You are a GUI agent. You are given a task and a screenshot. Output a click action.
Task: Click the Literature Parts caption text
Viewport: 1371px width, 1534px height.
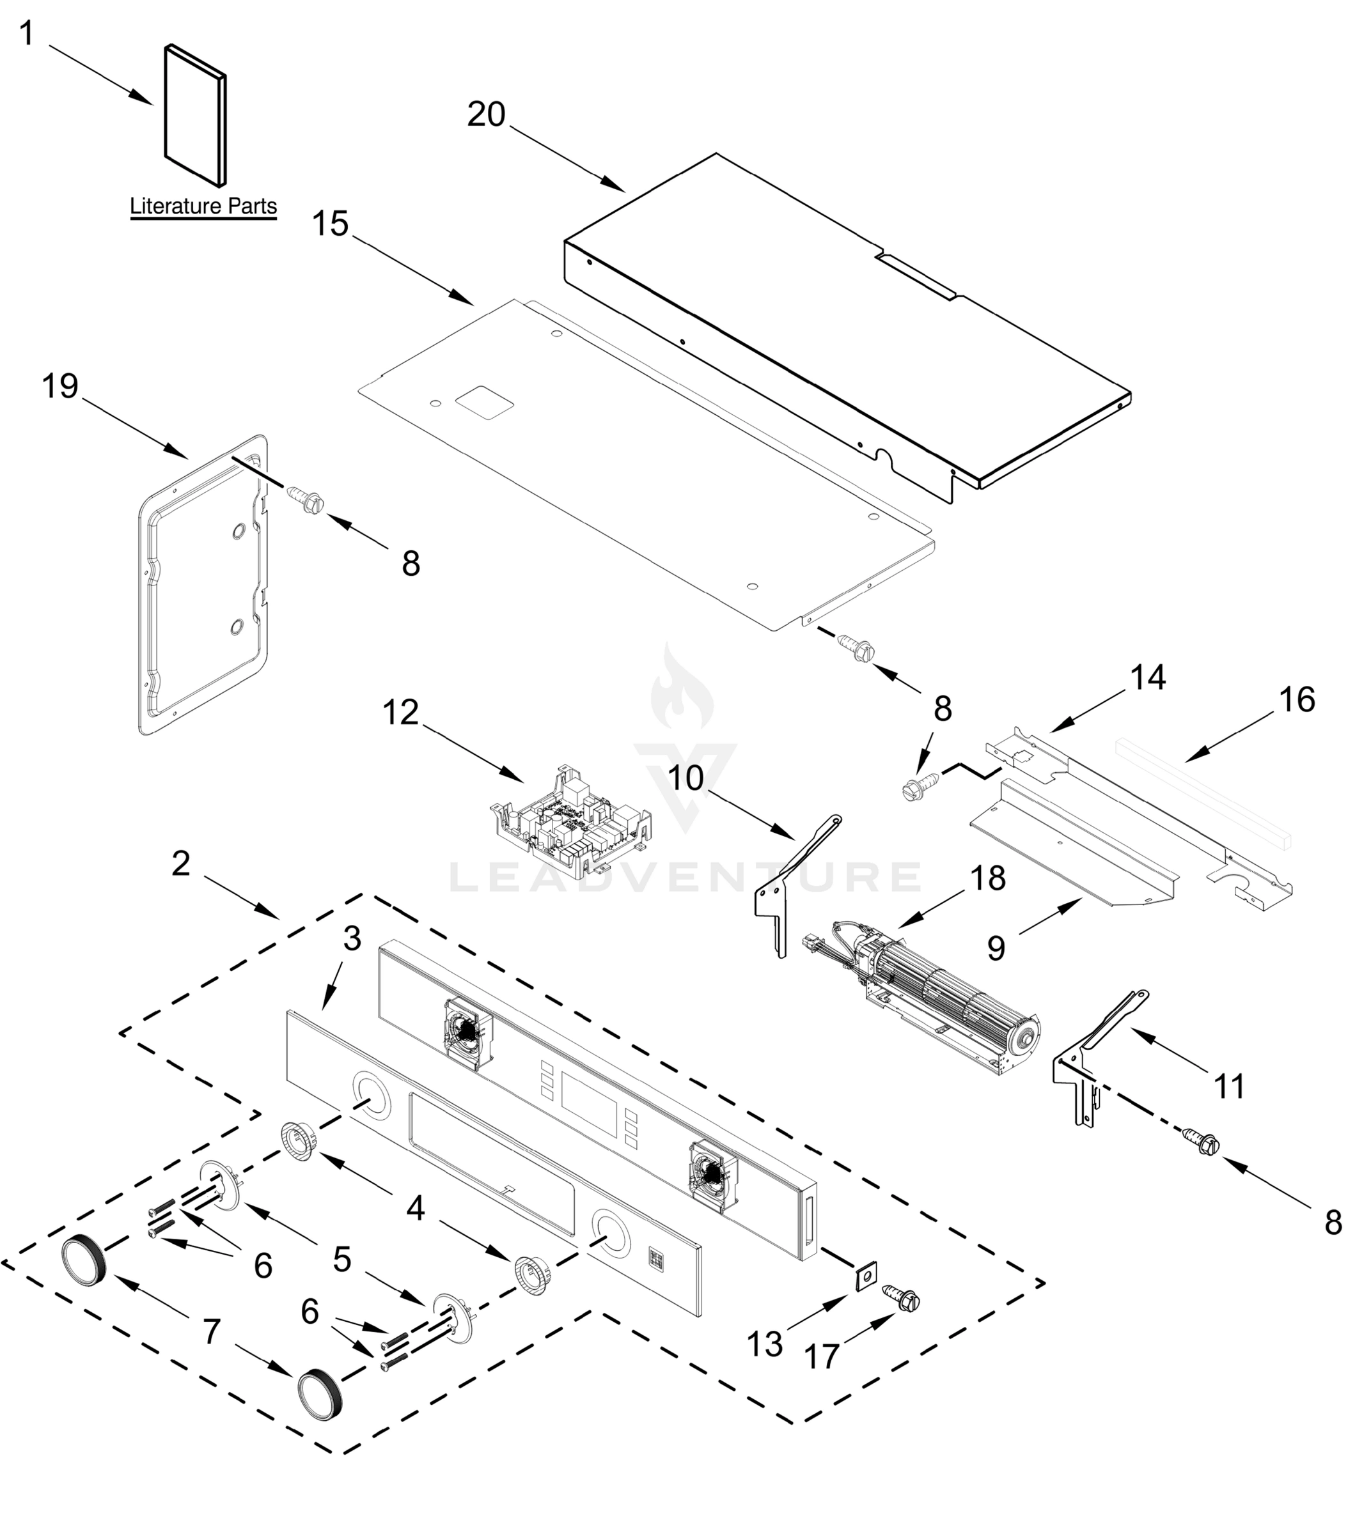click(x=203, y=206)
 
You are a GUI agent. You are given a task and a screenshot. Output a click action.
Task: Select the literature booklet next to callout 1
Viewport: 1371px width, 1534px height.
click(x=195, y=114)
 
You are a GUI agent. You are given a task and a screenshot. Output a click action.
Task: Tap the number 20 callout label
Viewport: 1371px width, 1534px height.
click(x=486, y=114)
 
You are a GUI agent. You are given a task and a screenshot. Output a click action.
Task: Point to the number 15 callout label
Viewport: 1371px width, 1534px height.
click(x=330, y=224)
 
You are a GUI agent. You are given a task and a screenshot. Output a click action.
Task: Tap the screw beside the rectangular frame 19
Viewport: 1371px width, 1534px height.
click(x=305, y=499)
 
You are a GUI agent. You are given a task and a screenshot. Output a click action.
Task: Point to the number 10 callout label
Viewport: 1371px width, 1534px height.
click(x=685, y=778)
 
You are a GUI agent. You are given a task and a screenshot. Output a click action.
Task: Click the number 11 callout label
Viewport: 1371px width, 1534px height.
click(x=1230, y=1087)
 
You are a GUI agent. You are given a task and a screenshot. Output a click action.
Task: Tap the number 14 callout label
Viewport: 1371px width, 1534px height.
click(x=1148, y=678)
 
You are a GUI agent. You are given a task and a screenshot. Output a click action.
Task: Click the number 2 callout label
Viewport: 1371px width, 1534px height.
click(x=181, y=864)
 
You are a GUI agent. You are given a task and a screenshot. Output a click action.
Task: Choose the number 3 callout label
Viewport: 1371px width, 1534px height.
click(x=352, y=938)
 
